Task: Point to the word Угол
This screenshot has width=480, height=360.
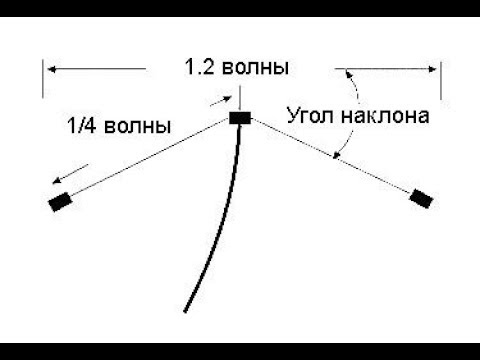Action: tap(311, 115)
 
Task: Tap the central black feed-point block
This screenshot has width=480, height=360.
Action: tap(240, 119)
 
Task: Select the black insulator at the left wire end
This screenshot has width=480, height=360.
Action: tap(60, 203)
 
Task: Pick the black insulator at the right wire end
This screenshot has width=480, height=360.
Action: tap(421, 197)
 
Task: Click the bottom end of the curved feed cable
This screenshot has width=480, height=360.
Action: tap(186, 310)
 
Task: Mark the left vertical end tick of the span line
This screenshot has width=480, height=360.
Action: tap(43, 79)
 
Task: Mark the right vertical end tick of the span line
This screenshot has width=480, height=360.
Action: tap(440, 79)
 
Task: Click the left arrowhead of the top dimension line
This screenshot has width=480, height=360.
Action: tap(49, 69)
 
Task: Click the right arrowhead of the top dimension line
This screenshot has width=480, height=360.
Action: tap(433, 69)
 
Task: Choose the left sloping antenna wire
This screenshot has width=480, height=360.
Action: tap(150, 160)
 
